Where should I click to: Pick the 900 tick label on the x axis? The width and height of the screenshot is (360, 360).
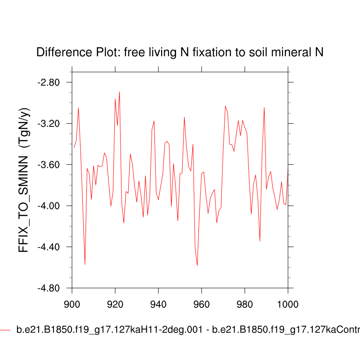click(72, 303)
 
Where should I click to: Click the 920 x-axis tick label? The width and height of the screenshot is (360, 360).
click(115, 303)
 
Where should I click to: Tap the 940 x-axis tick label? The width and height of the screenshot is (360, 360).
click(158, 303)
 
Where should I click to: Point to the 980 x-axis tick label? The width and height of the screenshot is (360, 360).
click(244, 303)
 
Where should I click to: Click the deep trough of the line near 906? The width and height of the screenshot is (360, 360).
click(85, 264)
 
